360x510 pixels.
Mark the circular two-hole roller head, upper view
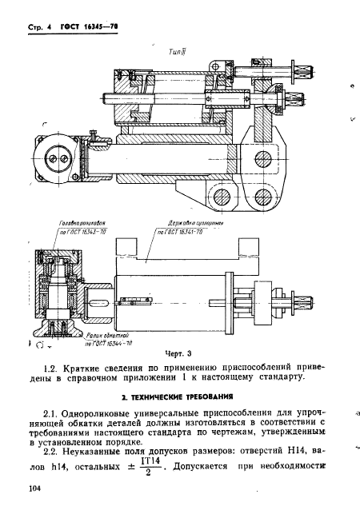click(58, 159)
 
